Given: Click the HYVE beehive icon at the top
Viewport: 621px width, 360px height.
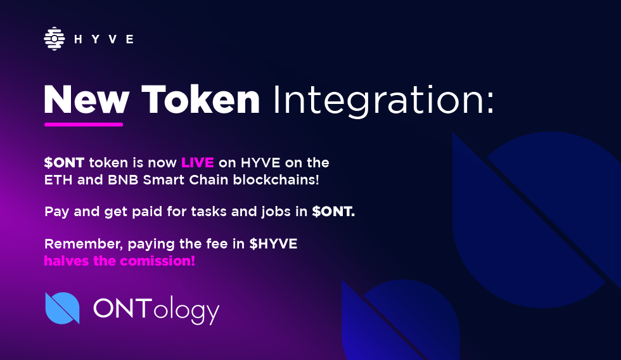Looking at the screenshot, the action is point(54,39).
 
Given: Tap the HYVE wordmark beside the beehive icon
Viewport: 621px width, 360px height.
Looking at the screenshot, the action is point(104,39).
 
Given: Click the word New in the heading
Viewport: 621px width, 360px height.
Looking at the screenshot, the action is point(86,100).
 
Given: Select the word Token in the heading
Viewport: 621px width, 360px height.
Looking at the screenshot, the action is point(200,100).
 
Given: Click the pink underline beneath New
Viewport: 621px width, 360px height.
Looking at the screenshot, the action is point(84,125).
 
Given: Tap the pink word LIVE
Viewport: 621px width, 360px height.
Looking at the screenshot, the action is point(198,162).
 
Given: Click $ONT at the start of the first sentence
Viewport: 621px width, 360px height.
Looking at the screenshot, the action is point(64,162).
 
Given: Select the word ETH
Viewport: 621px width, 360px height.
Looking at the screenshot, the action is point(58,180).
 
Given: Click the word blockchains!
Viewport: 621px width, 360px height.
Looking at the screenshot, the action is point(276,179).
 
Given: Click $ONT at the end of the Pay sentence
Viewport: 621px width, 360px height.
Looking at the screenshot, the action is point(333,212).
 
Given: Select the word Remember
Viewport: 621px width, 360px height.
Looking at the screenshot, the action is point(83,244).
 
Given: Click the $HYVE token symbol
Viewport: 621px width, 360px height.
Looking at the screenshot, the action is point(273,243).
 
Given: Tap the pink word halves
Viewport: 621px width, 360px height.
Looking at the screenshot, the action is point(66,261).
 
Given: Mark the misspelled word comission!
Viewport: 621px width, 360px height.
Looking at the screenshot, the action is point(157,261).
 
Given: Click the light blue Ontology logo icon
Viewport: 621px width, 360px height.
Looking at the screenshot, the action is point(63,308).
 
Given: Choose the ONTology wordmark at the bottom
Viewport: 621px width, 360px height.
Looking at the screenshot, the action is point(156,311).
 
